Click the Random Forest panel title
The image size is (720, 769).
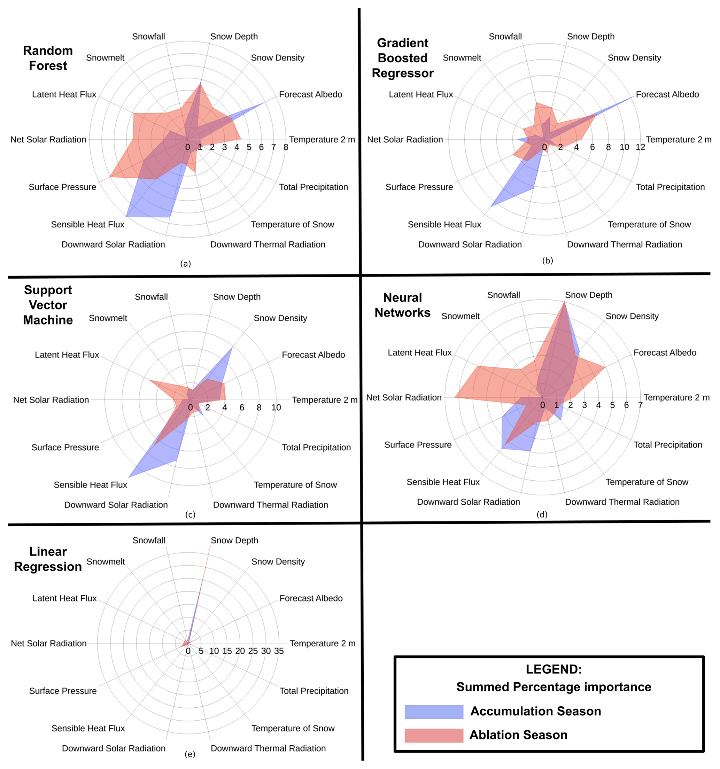[x=48, y=58]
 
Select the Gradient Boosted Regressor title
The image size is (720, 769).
[x=402, y=58]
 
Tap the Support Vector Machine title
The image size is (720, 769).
[x=48, y=305]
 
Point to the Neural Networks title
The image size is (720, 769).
[x=402, y=305]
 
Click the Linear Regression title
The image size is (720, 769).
[x=48, y=559]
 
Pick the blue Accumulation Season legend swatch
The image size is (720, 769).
[x=434, y=712]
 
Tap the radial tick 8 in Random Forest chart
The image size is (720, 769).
[x=286, y=147]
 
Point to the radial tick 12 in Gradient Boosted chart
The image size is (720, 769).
[x=640, y=147]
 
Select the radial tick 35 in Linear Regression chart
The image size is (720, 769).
[x=279, y=651]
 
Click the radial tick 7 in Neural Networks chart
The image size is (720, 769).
[x=640, y=405]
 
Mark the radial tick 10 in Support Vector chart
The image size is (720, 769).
[x=276, y=407]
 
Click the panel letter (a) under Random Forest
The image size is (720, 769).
[x=186, y=263]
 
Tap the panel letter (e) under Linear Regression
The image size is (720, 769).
[x=190, y=754]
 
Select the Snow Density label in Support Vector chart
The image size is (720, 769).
[x=280, y=318]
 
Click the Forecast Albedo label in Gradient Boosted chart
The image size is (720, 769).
[x=667, y=94]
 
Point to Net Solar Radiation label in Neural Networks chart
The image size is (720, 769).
[x=403, y=397]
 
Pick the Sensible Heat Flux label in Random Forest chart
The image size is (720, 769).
[x=87, y=224]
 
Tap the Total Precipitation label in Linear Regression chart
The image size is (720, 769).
[x=314, y=691]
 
